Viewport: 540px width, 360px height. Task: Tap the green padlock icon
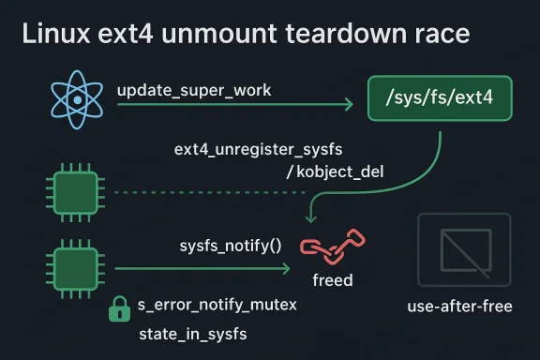point(119,308)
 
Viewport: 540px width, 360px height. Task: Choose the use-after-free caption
point(460,306)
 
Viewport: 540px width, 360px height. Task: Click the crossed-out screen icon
point(463,248)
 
